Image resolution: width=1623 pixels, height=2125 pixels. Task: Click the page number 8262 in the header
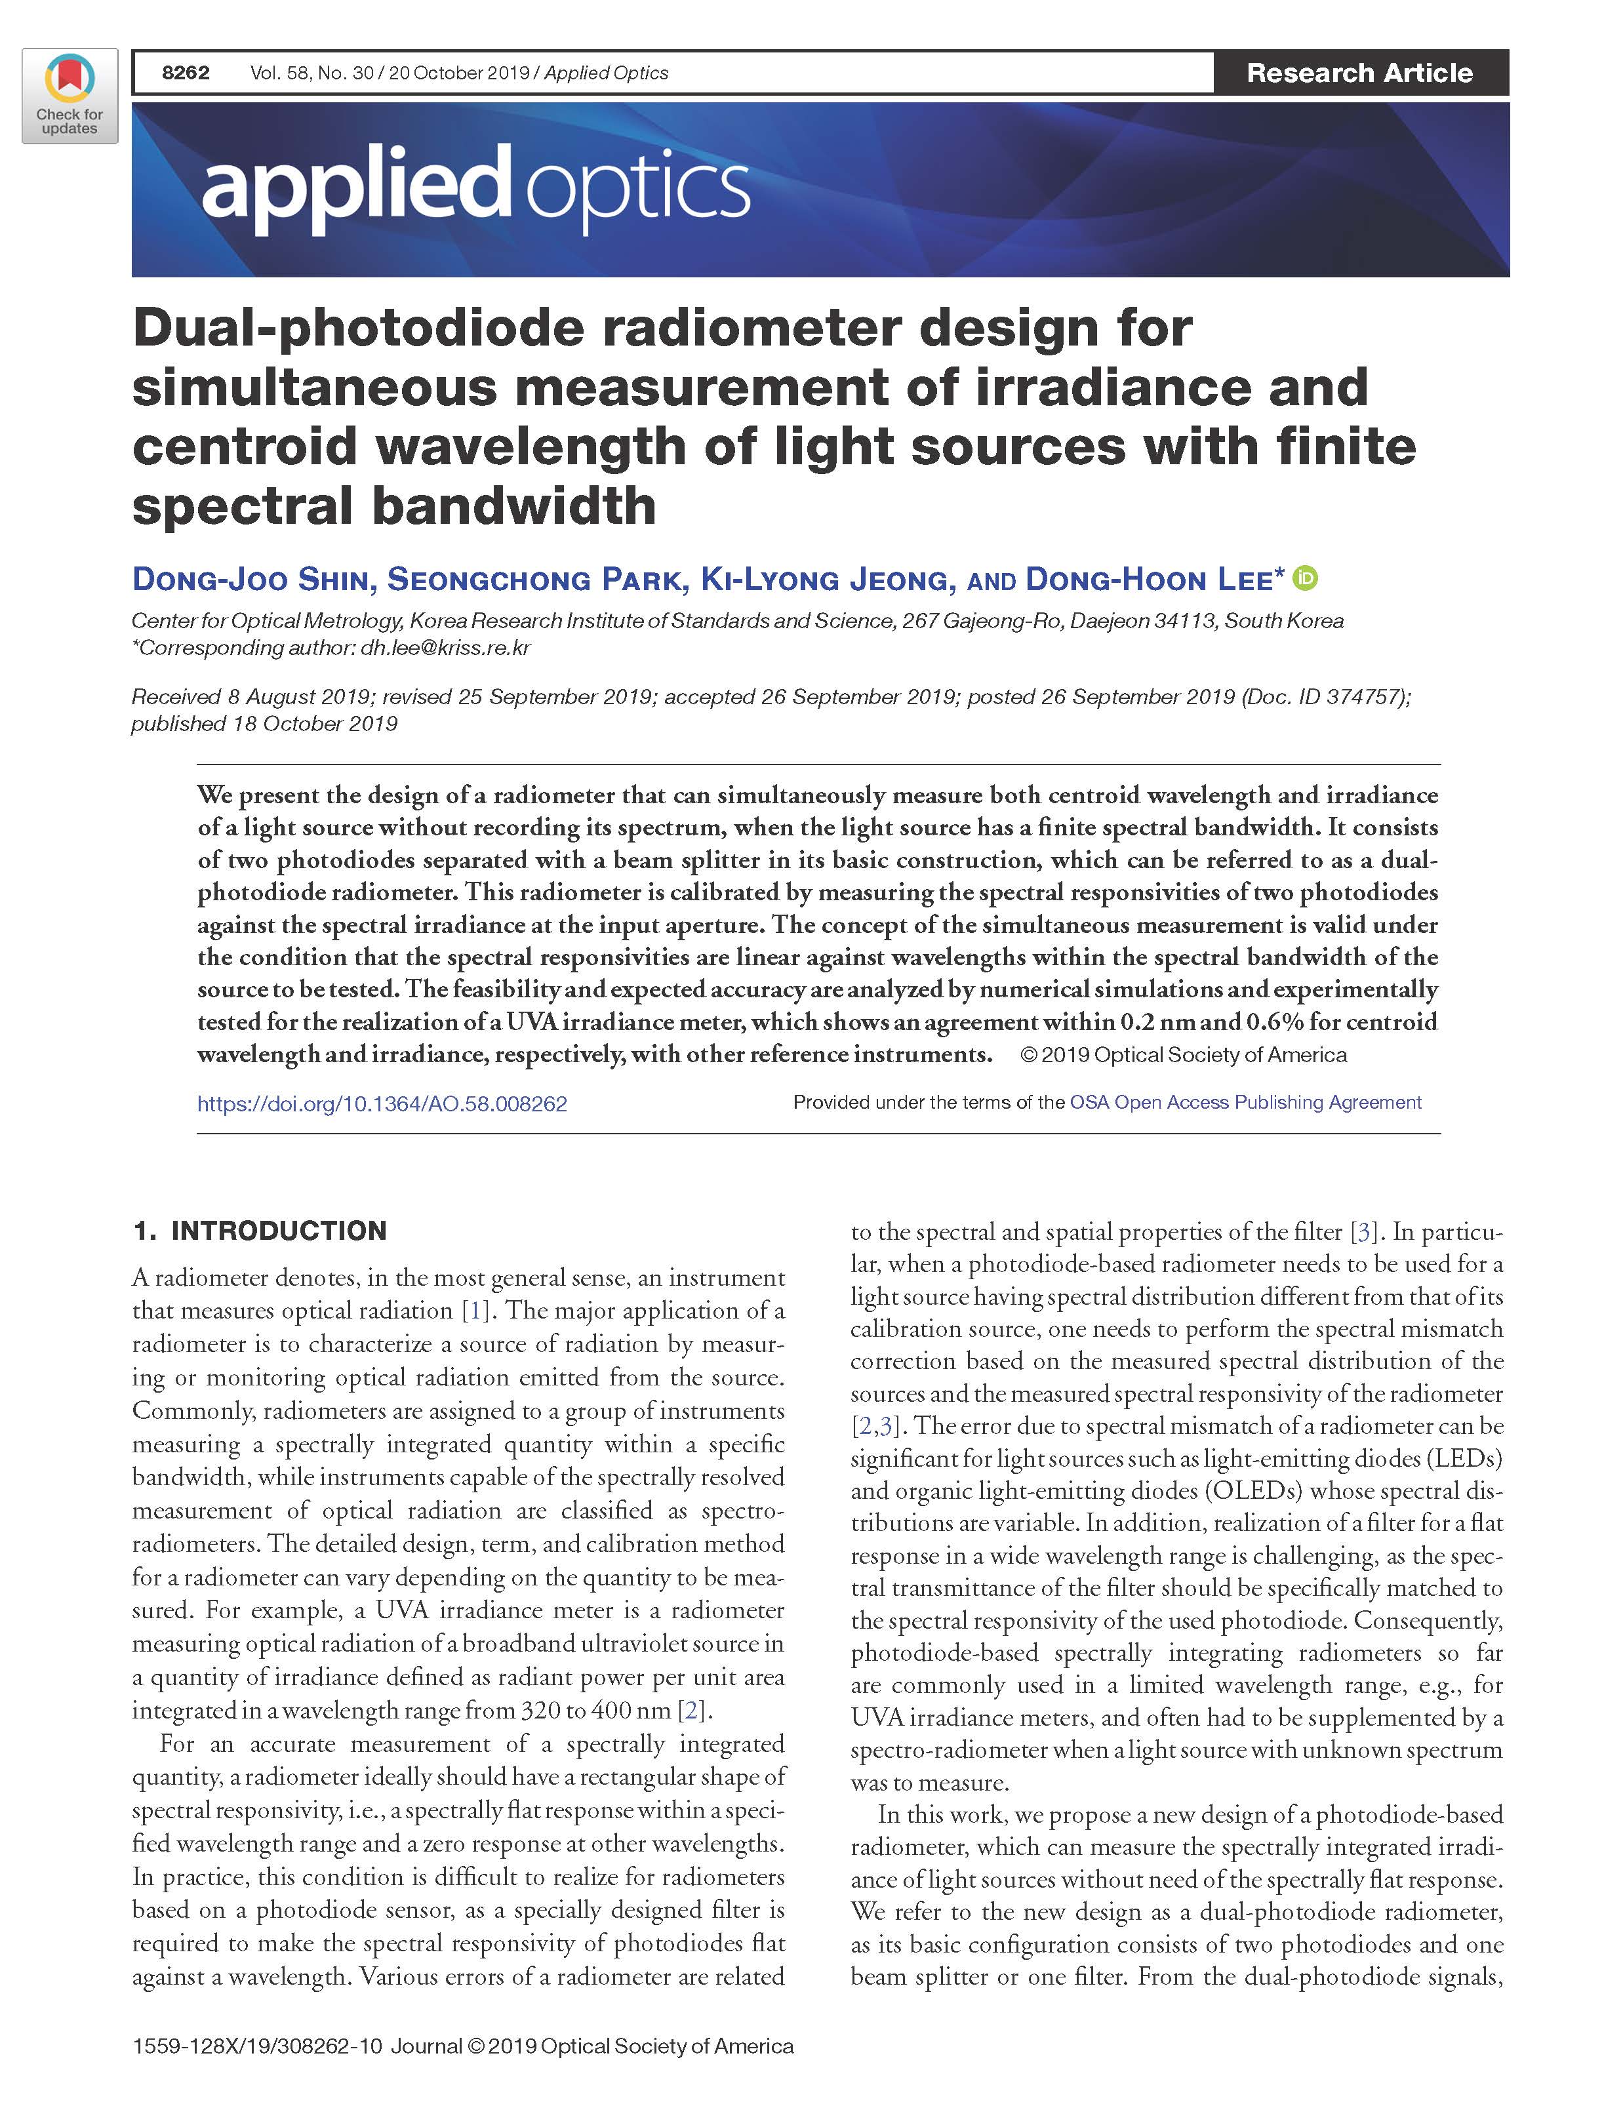point(186,72)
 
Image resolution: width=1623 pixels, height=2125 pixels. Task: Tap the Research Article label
point(1359,72)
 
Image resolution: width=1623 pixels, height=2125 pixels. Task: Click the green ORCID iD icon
point(1305,578)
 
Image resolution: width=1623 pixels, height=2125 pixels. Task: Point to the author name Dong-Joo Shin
point(251,580)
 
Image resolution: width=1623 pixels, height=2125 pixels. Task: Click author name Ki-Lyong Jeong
point(828,580)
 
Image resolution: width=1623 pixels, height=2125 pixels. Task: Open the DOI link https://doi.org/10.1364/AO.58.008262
point(382,1103)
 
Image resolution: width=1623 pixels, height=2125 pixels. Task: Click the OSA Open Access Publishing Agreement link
point(1245,1102)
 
